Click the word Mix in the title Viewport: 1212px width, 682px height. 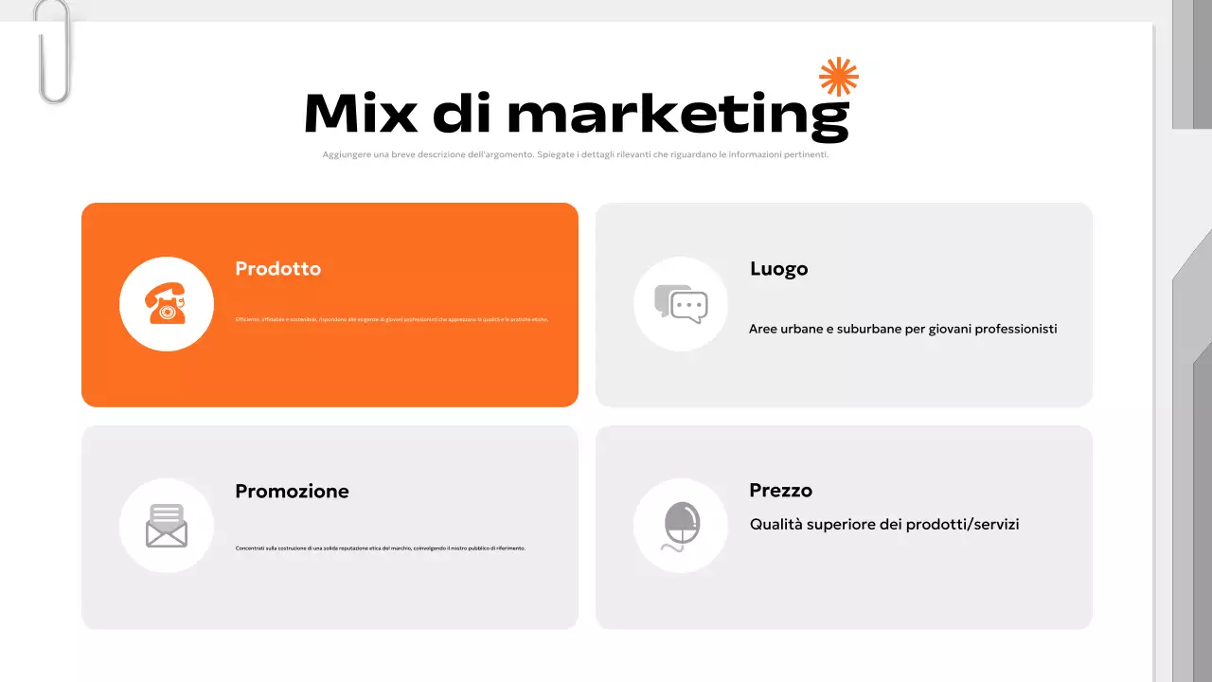click(x=361, y=113)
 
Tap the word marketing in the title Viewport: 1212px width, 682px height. click(x=677, y=115)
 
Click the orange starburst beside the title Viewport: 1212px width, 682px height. click(x=839, y=77)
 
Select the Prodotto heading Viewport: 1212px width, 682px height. click(x=277, y=269)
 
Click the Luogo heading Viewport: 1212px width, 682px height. click(x=778, y=269)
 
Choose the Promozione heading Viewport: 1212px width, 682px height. click(x=292, y=492)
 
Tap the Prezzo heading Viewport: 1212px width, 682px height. click(x=780, y=491)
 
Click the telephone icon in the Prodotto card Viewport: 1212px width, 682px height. click(x=166, y=304)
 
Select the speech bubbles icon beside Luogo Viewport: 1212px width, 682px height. click(x=681, y=304)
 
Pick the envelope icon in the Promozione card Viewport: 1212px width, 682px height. click(x=166, y=526)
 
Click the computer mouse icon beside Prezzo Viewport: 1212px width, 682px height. click(x=681, y=526)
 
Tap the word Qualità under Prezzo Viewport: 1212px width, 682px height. click(x=775, y=524)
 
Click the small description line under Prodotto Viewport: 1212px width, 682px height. click(x=391, y=320)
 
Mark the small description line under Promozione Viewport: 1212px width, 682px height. click(x=380, y=548)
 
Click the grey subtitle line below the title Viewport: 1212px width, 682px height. click(x=575, y=155)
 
